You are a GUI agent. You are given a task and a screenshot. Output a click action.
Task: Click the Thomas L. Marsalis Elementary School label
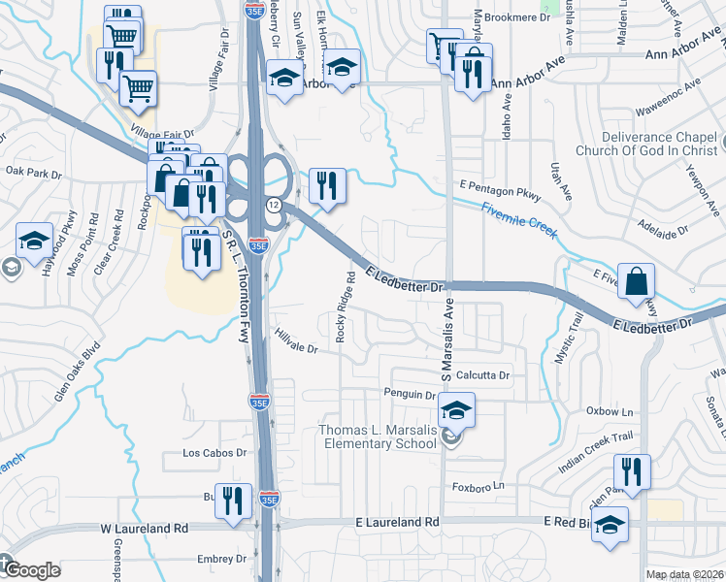379,437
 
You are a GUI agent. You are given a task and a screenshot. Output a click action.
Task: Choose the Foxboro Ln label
479,485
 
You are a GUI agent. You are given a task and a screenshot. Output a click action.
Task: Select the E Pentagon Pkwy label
498,183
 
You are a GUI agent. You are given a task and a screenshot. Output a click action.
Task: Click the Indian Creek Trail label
595,454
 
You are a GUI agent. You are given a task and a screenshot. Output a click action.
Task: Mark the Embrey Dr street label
221,559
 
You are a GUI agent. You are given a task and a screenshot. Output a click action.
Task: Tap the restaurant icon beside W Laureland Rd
231,499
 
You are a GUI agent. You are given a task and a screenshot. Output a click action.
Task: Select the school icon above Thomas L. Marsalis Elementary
455,409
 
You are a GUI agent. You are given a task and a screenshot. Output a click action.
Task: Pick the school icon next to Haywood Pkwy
35,241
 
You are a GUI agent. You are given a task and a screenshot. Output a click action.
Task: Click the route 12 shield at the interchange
275,205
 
